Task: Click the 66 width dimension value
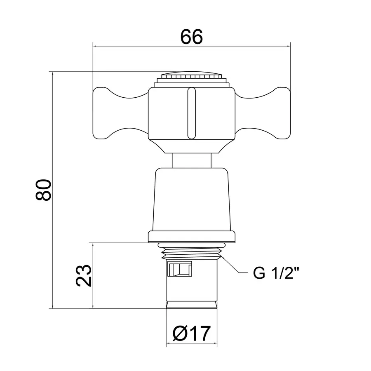click(x=192, y=38)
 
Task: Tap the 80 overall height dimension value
click(x=43, y=190)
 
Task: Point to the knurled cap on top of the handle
click(x=192, y=77)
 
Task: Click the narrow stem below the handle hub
click(x=192, y=160)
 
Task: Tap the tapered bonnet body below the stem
click(x=192, y=198)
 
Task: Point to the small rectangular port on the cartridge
click(x=180, y=269)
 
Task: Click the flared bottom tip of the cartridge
click(x=192, y=305)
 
